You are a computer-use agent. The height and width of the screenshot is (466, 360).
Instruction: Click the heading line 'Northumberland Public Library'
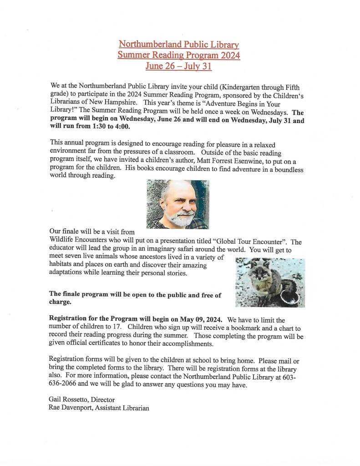pos(178,44)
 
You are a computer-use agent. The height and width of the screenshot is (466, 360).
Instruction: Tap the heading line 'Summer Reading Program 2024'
pos(178,55)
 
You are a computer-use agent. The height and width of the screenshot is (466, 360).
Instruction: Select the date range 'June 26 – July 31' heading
pos(178,67)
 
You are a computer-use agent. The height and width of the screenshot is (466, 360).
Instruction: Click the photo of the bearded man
pos(178,204)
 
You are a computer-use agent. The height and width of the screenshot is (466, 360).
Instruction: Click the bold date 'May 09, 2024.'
pos(201,320)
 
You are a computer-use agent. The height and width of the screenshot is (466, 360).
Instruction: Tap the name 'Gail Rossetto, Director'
pos(81,399)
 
